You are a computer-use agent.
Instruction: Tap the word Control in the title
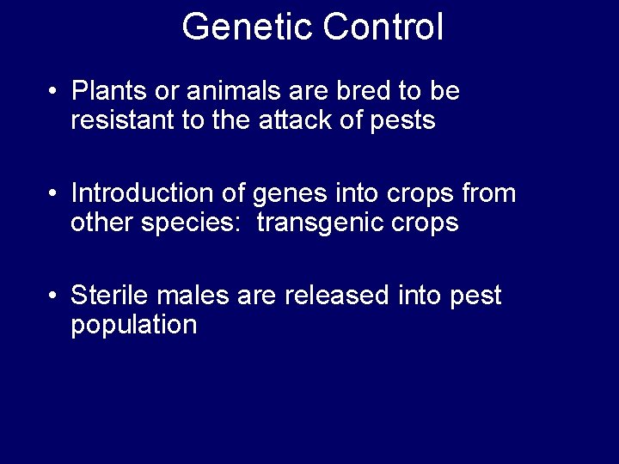[x=383, y=27]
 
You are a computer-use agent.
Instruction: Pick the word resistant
[x=122, y=121]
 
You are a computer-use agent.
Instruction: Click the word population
[x=134, y=327]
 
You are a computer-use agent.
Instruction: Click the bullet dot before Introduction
[x=53, y=194]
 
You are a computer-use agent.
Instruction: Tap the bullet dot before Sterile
[x=53, y=297]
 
